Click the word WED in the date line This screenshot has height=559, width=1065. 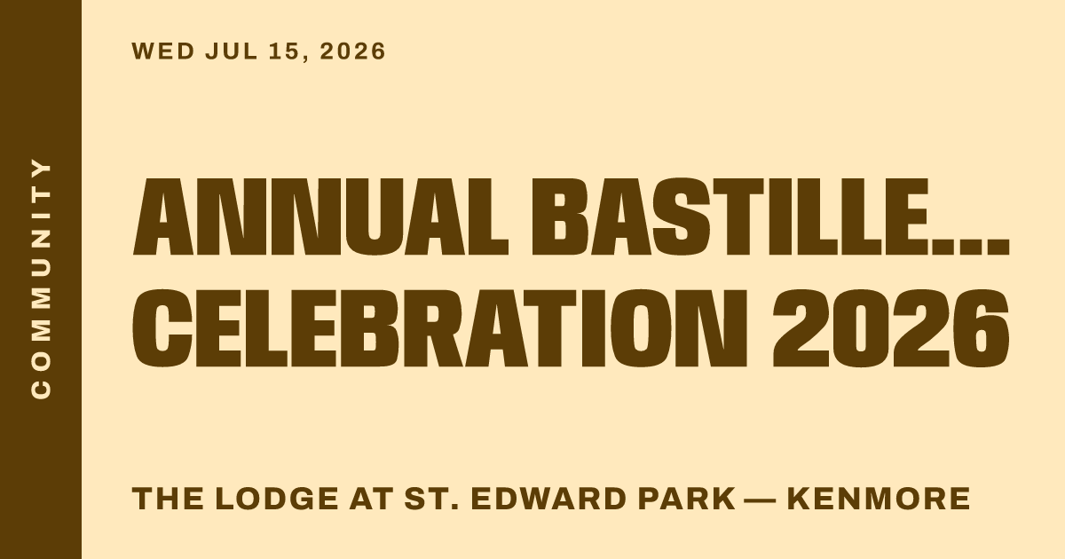tap(163, 51)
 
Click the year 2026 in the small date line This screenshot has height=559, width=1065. tap(352, 51)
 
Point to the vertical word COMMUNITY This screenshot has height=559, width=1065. tap(41, 279)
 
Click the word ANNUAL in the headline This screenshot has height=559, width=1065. tap(321, 217)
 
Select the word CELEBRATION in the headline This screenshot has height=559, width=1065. tap(439, 328)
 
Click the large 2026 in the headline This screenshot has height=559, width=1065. tap(890, 328)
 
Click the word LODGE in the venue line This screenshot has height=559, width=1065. tap(277, 499)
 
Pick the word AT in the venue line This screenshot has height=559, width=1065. tap(371, 499)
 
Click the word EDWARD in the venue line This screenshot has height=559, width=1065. tap(548, 499)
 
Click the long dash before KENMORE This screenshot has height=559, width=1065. tap(761, 500)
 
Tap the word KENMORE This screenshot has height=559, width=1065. tap(879, 499)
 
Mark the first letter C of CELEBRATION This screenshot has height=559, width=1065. tap(162, 328)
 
